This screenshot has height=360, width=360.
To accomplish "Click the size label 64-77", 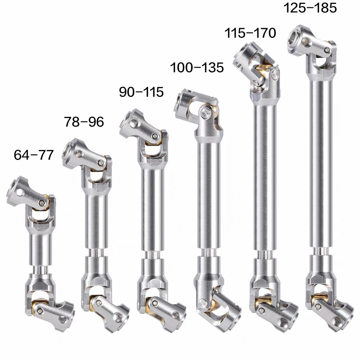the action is [34, 155].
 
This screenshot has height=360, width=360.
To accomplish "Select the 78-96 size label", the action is [84, 121].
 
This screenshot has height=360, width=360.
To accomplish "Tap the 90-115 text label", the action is [141, 92].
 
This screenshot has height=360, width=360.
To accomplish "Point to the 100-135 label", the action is [197, 68].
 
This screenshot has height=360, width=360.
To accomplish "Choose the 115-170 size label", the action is [250, 33].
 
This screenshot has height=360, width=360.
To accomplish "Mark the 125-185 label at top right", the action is [310, 8].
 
